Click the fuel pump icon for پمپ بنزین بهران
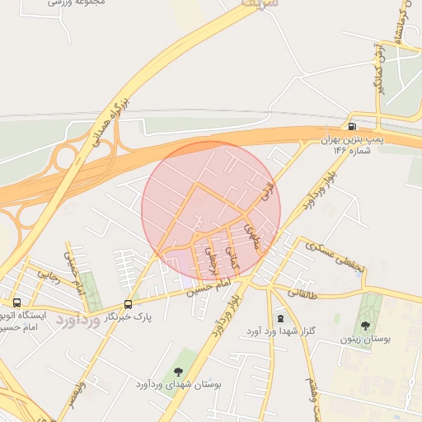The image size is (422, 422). [353, 126]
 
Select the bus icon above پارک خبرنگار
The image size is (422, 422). [127, 303]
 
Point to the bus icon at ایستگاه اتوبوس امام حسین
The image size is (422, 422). [16, 302]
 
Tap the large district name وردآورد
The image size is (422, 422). [79, 321]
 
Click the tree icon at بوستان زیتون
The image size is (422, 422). [365, 326]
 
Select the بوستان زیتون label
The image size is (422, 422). [363, 339]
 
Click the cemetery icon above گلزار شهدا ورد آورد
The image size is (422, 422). [281, 318]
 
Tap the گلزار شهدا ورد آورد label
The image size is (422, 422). [278, 331]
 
